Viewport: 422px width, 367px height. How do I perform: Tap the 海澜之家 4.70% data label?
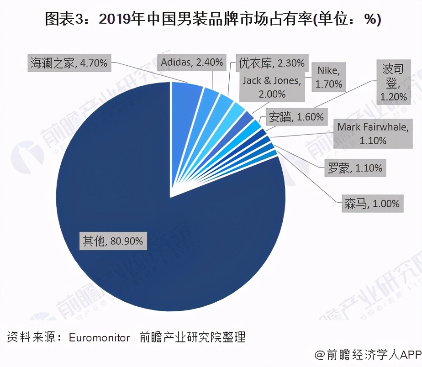click(69, 63)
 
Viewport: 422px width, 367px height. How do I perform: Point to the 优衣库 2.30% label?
click(271, 63)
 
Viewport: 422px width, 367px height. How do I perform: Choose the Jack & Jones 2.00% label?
click(271, 87)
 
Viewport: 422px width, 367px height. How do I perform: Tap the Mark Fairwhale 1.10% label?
click(372, 133)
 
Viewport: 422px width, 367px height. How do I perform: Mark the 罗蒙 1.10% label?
click(354, 168)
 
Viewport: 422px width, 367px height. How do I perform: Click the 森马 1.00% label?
click(372, 203)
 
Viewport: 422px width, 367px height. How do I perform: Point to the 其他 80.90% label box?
click(112, 241)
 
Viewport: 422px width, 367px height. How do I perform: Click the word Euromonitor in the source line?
click(99, 338)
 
